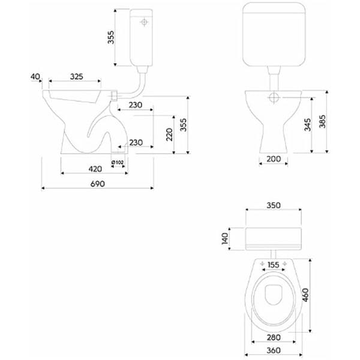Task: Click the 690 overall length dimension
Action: click(x=98, y=184)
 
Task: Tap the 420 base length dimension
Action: click(x=95, y=169)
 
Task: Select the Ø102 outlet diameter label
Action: click(x=118, y=163)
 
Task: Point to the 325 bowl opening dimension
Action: click(x=76, y=76)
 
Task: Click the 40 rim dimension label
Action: click(x=35, y=76)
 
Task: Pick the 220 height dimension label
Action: click(x=169, y=134)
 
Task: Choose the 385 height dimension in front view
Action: click(x=322, y=121)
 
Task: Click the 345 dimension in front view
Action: click(x=308, y=125)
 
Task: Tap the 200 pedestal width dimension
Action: click(x=274, y=158)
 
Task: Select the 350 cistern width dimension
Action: click(x=274, y=205)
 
